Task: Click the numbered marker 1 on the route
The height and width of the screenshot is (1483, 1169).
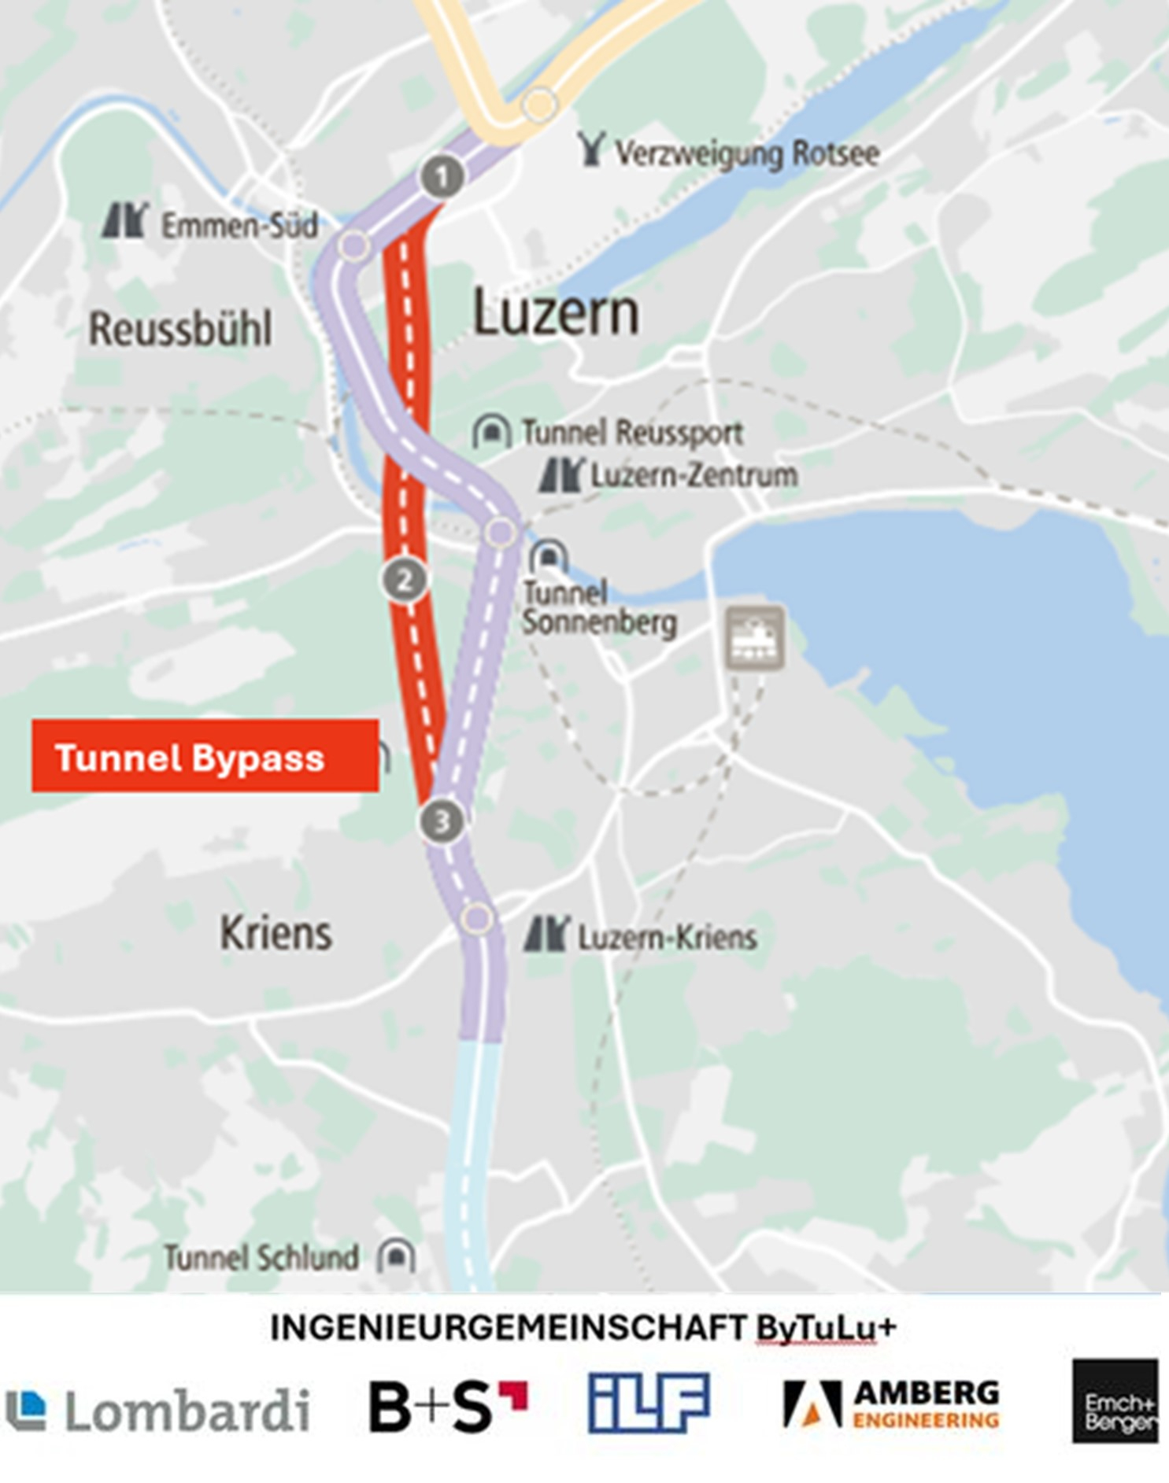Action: (442, 176)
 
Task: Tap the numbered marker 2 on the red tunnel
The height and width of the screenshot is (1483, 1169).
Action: (405, 581)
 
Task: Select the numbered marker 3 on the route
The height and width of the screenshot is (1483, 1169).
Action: (442, 821)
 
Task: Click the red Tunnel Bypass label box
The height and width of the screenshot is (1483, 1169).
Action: (205, 756)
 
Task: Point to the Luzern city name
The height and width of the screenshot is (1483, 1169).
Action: (555, 313)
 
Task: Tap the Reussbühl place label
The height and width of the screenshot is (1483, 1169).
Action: (180, 328)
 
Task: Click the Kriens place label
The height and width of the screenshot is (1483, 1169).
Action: (276, 933)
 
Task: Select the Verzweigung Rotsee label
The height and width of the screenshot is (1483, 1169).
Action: (746, 153)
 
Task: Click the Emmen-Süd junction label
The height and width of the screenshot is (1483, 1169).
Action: (239, 226)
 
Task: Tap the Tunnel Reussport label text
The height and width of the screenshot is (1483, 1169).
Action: (632, 432)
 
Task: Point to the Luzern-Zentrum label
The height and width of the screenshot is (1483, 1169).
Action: (694, 475)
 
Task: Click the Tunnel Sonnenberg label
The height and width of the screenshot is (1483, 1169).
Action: (598, 607)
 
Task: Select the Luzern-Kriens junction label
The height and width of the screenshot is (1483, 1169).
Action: (667, 937)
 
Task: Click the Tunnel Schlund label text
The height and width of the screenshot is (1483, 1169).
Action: (261, 1257)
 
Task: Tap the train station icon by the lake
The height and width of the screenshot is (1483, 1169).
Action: (754, 637)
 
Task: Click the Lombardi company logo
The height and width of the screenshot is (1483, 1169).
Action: (158, 1410)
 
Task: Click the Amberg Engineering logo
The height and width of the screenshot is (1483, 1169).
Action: (891, 1404)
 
